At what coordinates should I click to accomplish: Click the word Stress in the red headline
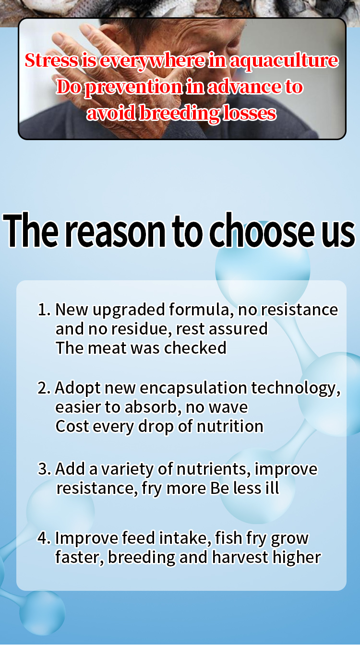point(51,60)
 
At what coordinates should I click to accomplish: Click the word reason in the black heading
point(116,231)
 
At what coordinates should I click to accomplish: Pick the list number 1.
point(44,310)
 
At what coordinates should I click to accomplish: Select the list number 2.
point(44,388)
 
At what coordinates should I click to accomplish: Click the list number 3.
point(45,469)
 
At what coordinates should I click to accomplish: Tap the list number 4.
point(45,538)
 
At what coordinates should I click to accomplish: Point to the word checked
point(195,347)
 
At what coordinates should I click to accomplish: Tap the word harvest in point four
point(240,557)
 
